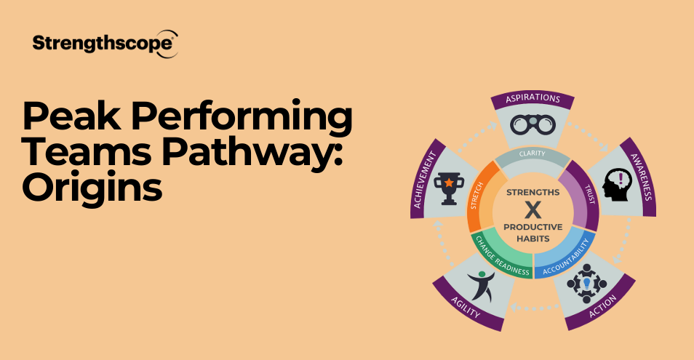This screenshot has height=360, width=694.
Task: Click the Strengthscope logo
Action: click(x=105, y=44)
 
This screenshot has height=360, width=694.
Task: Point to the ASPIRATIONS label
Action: click(x=532, y=98)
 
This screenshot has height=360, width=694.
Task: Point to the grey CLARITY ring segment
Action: click(x=532, y=154)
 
